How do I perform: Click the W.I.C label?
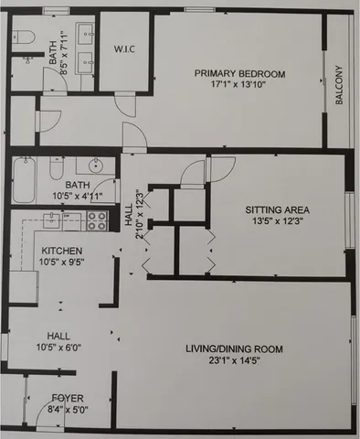click(x=123, y=48)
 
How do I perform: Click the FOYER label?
click(x=68, y=398)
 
